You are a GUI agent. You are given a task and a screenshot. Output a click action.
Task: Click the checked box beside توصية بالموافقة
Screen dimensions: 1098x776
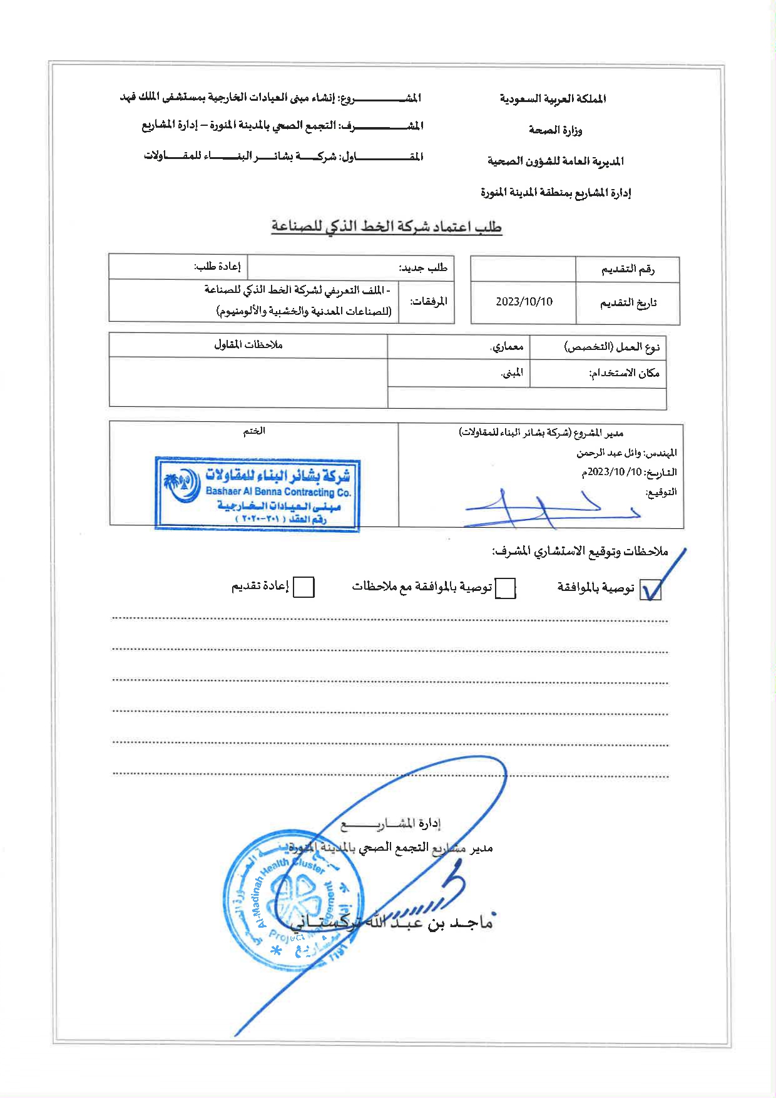[x=650, y=590]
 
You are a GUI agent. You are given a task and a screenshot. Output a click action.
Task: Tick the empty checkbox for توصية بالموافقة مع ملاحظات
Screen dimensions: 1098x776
[x=505, y=588]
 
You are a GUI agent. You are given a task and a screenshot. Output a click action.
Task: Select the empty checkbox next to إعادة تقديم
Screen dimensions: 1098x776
[x=304, y=587]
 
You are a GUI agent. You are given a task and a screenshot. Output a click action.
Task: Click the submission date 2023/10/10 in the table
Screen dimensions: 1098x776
[x=524, y=302]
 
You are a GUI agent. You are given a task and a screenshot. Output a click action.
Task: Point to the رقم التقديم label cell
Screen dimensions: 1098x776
[x=628, y=269]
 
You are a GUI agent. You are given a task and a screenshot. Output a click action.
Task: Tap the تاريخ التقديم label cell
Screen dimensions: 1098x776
[x=628, y=303]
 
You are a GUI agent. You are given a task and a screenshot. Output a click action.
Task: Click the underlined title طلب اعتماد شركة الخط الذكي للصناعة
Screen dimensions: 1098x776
[x=387, y=227]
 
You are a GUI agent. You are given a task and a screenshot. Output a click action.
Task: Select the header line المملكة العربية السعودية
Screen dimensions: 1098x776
[x=552, y=99]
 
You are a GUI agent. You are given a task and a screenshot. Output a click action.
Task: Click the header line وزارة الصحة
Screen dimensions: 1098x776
[x=555, y=130]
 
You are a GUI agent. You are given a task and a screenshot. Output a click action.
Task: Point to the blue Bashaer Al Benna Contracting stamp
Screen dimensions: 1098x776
[x=258, y=494]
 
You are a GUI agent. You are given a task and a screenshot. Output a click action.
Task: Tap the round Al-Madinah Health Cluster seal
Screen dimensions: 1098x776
[x=293, y=900]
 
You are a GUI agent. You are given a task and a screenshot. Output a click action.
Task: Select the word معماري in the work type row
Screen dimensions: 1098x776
[x=507, y=346]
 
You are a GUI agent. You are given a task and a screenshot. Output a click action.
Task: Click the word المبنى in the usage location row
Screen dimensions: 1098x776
[x=512, y=373]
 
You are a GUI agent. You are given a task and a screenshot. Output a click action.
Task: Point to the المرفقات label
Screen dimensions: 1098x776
[x=429, y=302]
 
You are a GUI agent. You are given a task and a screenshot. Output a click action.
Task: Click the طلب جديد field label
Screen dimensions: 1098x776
[x=424, y=268]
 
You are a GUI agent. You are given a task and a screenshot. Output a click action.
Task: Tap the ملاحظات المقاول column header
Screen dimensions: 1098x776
[x=248, y=345]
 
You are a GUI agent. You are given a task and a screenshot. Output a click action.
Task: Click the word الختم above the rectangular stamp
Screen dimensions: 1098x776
[x=254, y=431]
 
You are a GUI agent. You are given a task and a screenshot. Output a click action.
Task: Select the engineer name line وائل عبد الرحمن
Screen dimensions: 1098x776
[x=626, y=453]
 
